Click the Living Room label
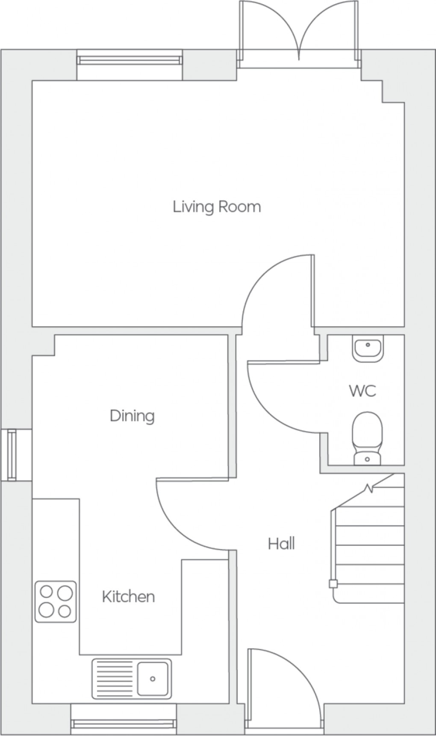217,207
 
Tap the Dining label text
132,416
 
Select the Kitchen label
128,596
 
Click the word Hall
281,544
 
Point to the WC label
362,391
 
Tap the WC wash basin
368,348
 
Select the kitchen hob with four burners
56,601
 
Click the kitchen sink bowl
153,678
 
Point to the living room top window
130,60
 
